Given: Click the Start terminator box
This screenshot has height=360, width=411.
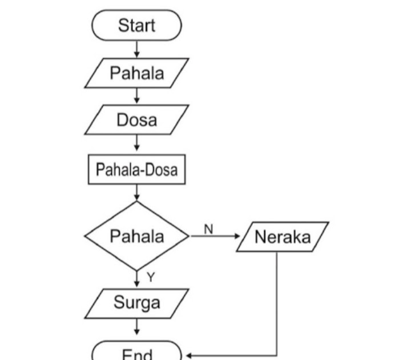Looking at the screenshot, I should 136,26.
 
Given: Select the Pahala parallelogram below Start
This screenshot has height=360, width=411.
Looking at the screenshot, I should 136,73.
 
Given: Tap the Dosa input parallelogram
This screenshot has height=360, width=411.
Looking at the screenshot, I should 136,121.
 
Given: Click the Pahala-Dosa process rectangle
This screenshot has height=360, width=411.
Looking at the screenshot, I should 136,170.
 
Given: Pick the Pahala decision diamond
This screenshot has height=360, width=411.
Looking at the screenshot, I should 136,236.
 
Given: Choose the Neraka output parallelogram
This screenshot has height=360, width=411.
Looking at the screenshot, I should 283,237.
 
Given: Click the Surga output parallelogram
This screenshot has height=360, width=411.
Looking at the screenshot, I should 136,303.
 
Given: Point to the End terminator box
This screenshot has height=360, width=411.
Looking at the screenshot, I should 136,352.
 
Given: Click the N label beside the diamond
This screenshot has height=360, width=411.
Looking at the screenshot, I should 208,229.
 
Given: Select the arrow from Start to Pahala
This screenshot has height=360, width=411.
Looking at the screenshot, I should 136,49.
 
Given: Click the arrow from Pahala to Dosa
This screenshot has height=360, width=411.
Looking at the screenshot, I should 136,97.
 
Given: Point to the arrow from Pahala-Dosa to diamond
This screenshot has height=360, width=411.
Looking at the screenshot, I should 136,193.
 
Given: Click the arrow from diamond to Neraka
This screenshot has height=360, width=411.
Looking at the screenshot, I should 214,236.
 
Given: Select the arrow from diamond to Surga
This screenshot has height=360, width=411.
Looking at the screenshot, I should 136,279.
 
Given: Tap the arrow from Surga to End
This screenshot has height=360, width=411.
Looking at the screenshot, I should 136,327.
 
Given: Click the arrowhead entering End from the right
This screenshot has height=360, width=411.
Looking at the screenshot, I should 187,355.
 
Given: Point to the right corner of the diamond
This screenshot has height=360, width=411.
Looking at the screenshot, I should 188,236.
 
